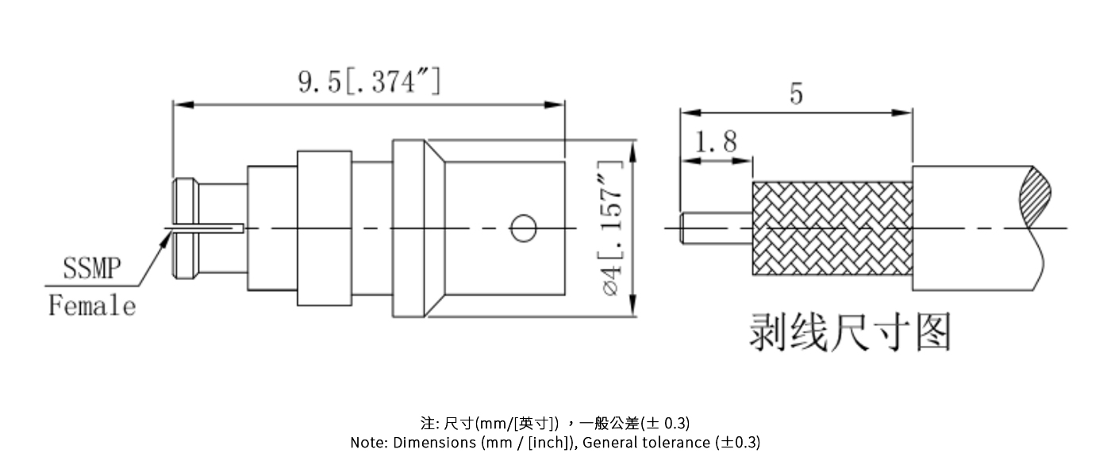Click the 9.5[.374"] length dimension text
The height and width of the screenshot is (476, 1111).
pyautogui.click(x=369, y=82)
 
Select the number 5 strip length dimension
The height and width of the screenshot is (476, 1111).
pyautogui.click(x=795, y=94)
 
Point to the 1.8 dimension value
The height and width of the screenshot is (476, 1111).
pyautogui.click(x=715, y=143)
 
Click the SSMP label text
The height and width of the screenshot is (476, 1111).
pyautogui.click(x=92, y=270)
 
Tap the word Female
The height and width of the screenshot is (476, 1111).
pyautogui.click(x=92, y=305)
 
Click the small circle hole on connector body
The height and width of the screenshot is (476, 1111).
pyautogui.click(x=522, y=228)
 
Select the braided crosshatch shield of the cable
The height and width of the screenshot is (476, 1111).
pyautogui.click(x=831, y=228)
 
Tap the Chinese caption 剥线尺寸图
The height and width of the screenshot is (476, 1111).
pyautogui.click(x=850, y=332)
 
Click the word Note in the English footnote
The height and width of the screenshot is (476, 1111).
pyautogui.click(x=368, y=443)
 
